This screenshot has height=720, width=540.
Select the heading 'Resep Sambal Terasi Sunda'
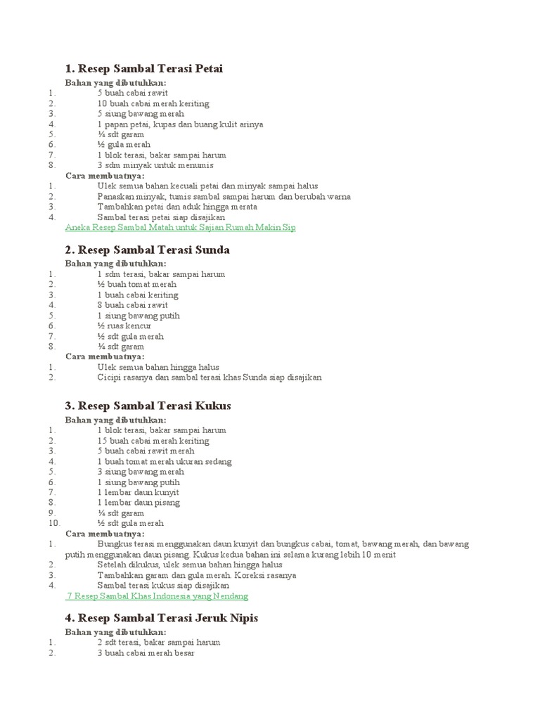point(147,250)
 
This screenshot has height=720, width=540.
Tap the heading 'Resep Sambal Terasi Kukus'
point(148,406)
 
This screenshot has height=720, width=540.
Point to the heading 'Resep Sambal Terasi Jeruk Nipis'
point(162,617)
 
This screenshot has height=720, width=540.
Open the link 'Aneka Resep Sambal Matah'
point(181,228)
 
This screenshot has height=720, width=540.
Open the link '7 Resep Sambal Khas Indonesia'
point(157,596)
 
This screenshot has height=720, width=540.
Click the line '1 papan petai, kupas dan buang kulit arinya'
point(180,124)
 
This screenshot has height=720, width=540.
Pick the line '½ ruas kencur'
point(124,326)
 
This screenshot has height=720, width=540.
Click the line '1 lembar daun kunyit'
point(139,492)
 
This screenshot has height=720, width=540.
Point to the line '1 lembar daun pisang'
point(139,503)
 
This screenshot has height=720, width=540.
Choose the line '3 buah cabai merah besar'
point(146,652)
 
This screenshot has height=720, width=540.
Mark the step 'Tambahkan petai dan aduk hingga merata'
point(177,207)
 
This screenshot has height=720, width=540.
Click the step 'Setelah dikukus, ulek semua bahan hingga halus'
point(190,564)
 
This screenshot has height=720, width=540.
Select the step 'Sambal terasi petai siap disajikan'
point(161,217)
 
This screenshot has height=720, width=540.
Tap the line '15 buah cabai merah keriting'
point(153,440)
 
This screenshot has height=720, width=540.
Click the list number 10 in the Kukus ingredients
point(55,523)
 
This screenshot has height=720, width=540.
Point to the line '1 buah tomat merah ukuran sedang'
point(165,461)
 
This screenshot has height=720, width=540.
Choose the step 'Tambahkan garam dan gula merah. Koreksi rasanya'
point(196,574)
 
